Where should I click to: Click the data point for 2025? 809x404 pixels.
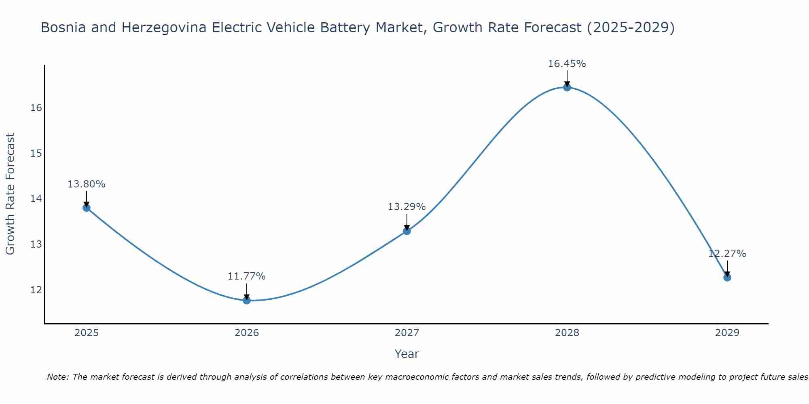pyautogui.click(x=87, y=208)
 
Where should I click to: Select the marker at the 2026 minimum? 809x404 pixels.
pyautogui.click(x=247, y=300)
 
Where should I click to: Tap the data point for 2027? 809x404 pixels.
pyautogui.click(x=407, y=231)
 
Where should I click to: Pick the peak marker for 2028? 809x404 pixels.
pyautogui.click(x=567, y=87)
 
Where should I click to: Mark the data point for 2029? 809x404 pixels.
pyautogui.click(x=727, y=278)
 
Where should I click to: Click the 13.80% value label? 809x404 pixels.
pyautogui.click(x=86, y=184)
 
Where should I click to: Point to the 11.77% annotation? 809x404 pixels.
pyautogui.click(x=246, y=276)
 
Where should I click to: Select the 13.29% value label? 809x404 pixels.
pyautogui.click(x=407, y=207)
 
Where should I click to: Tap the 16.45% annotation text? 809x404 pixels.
pyautogui.click(x=567, y=64)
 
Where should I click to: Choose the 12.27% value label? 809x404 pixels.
pyautogui.click(x=727, y=254)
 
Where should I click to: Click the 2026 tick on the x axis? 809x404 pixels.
pyautogui.click(x=247, y=333)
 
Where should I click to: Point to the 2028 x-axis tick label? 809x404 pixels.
pyautogui.click(x=567, y=333)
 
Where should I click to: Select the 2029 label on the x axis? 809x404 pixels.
pyautogui.click(x=727, y=333)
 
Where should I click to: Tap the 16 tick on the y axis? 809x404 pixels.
pyautogui.click(x=36, y=108)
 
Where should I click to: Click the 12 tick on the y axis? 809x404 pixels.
pyautogui.click(x=36, y=290)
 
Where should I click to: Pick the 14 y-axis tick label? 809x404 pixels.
pyautogui.click(x=36, y=199)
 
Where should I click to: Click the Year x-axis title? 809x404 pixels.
pyautogui.click(x=407, y=354)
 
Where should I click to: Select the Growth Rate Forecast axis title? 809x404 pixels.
pyautogui.click(x=10, y=194)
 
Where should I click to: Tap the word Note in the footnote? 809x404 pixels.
pyautogui.click(x=58, y=377)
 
